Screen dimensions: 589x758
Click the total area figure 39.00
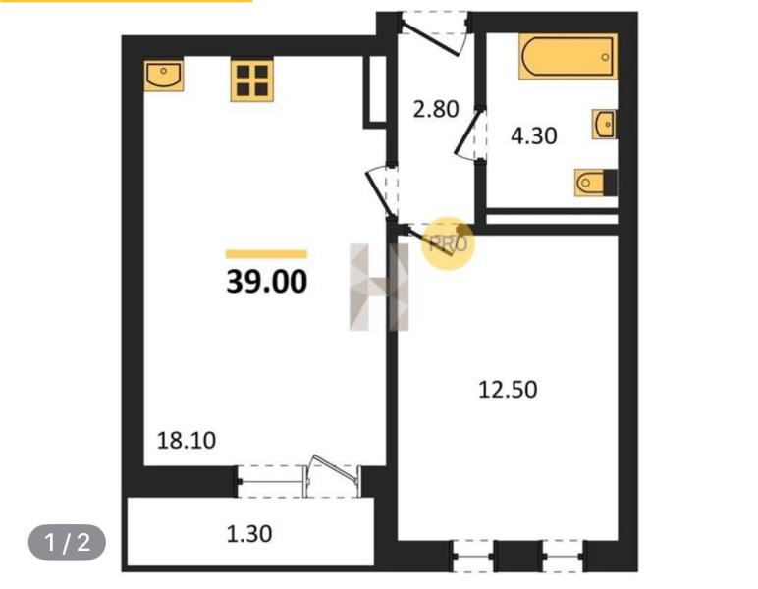pos(266,283)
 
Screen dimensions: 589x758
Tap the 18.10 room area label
pos(187,440)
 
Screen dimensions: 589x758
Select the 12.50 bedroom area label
pos(508,389)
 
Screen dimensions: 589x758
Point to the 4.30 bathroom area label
pos(533,135)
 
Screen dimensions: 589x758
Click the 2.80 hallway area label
pos(435,109)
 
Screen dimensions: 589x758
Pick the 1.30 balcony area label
pos(249,534)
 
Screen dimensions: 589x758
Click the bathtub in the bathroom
pos(568,56)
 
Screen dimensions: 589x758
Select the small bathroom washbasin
pos(605,125)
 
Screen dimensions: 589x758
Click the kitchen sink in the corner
pos(164,75)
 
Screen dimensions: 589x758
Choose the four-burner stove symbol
pos(251,80)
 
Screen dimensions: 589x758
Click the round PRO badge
pos(448,242)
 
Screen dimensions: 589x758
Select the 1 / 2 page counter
pos(67,542)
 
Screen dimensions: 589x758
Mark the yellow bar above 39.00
pos(266,254)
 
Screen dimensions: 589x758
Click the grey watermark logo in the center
pos(379,287)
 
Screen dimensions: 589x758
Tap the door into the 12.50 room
pos(432,240)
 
